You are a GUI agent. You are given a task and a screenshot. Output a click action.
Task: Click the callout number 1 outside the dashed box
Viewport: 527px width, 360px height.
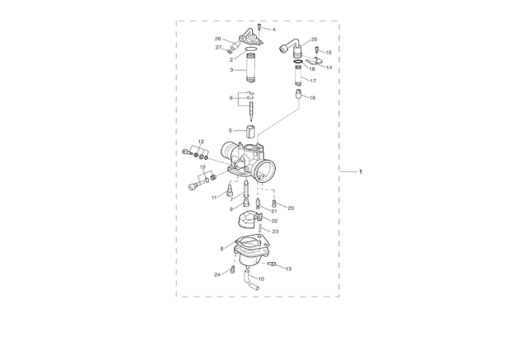click(x=361, y=172)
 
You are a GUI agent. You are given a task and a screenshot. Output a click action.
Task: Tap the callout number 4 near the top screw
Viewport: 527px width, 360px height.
click(x=274, y=30)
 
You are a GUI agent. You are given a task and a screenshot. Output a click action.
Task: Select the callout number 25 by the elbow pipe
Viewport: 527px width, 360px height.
click(x=314, y=40)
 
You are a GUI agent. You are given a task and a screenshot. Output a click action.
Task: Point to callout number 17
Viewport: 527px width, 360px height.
click(x=313, y=81)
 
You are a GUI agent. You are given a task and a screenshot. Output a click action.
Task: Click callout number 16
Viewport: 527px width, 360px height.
click(x=312, y=98)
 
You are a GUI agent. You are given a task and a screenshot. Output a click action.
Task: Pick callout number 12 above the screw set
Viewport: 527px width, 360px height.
click(x=201, y=142)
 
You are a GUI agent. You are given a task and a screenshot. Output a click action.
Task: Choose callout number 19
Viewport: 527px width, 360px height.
click(x=203, y=167)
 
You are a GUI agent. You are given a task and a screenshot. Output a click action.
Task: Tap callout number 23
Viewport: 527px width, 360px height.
click(x=275, y=231)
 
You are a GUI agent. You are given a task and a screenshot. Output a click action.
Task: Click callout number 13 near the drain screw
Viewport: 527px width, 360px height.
click(x=288, y=269)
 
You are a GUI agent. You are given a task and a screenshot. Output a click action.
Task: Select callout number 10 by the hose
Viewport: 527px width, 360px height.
click(x=261, y=278)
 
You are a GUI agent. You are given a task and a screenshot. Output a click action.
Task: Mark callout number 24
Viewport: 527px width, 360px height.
click(x=217, y=274)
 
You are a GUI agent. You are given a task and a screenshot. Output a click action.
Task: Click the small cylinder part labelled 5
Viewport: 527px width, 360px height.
click(x=250, y=132)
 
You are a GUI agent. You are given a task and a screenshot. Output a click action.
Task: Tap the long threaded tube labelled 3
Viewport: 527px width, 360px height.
click(x=250, y=69)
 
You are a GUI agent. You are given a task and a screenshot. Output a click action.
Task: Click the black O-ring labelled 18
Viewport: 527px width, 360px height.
click(x=298, y=62)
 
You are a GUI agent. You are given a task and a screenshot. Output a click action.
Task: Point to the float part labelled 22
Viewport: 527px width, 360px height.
click(x=249, y=220)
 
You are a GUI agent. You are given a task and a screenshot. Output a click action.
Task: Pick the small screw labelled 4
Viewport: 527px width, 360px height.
click(x=259, y=26)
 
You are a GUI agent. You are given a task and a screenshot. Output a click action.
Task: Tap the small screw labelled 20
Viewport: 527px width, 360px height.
click(x=274, y=203)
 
